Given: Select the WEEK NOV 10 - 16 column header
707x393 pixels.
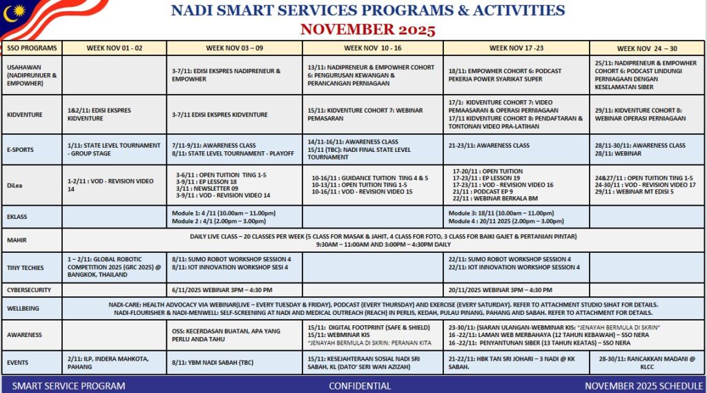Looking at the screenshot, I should pos(373,48).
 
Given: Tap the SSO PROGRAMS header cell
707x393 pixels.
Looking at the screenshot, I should pos(32,48).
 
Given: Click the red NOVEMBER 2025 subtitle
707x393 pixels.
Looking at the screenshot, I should pos(367,30).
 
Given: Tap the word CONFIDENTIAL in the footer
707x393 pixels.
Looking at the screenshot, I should pos(354,385).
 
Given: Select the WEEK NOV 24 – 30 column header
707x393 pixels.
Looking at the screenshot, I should pos(647,48).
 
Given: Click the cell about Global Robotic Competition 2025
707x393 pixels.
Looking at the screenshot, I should pos(113,267).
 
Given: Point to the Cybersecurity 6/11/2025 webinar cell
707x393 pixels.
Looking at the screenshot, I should pos(233,290).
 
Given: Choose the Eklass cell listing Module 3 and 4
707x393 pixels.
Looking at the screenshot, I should pos(516,217).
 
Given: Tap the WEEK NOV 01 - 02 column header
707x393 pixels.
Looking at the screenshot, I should pos(114,48).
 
